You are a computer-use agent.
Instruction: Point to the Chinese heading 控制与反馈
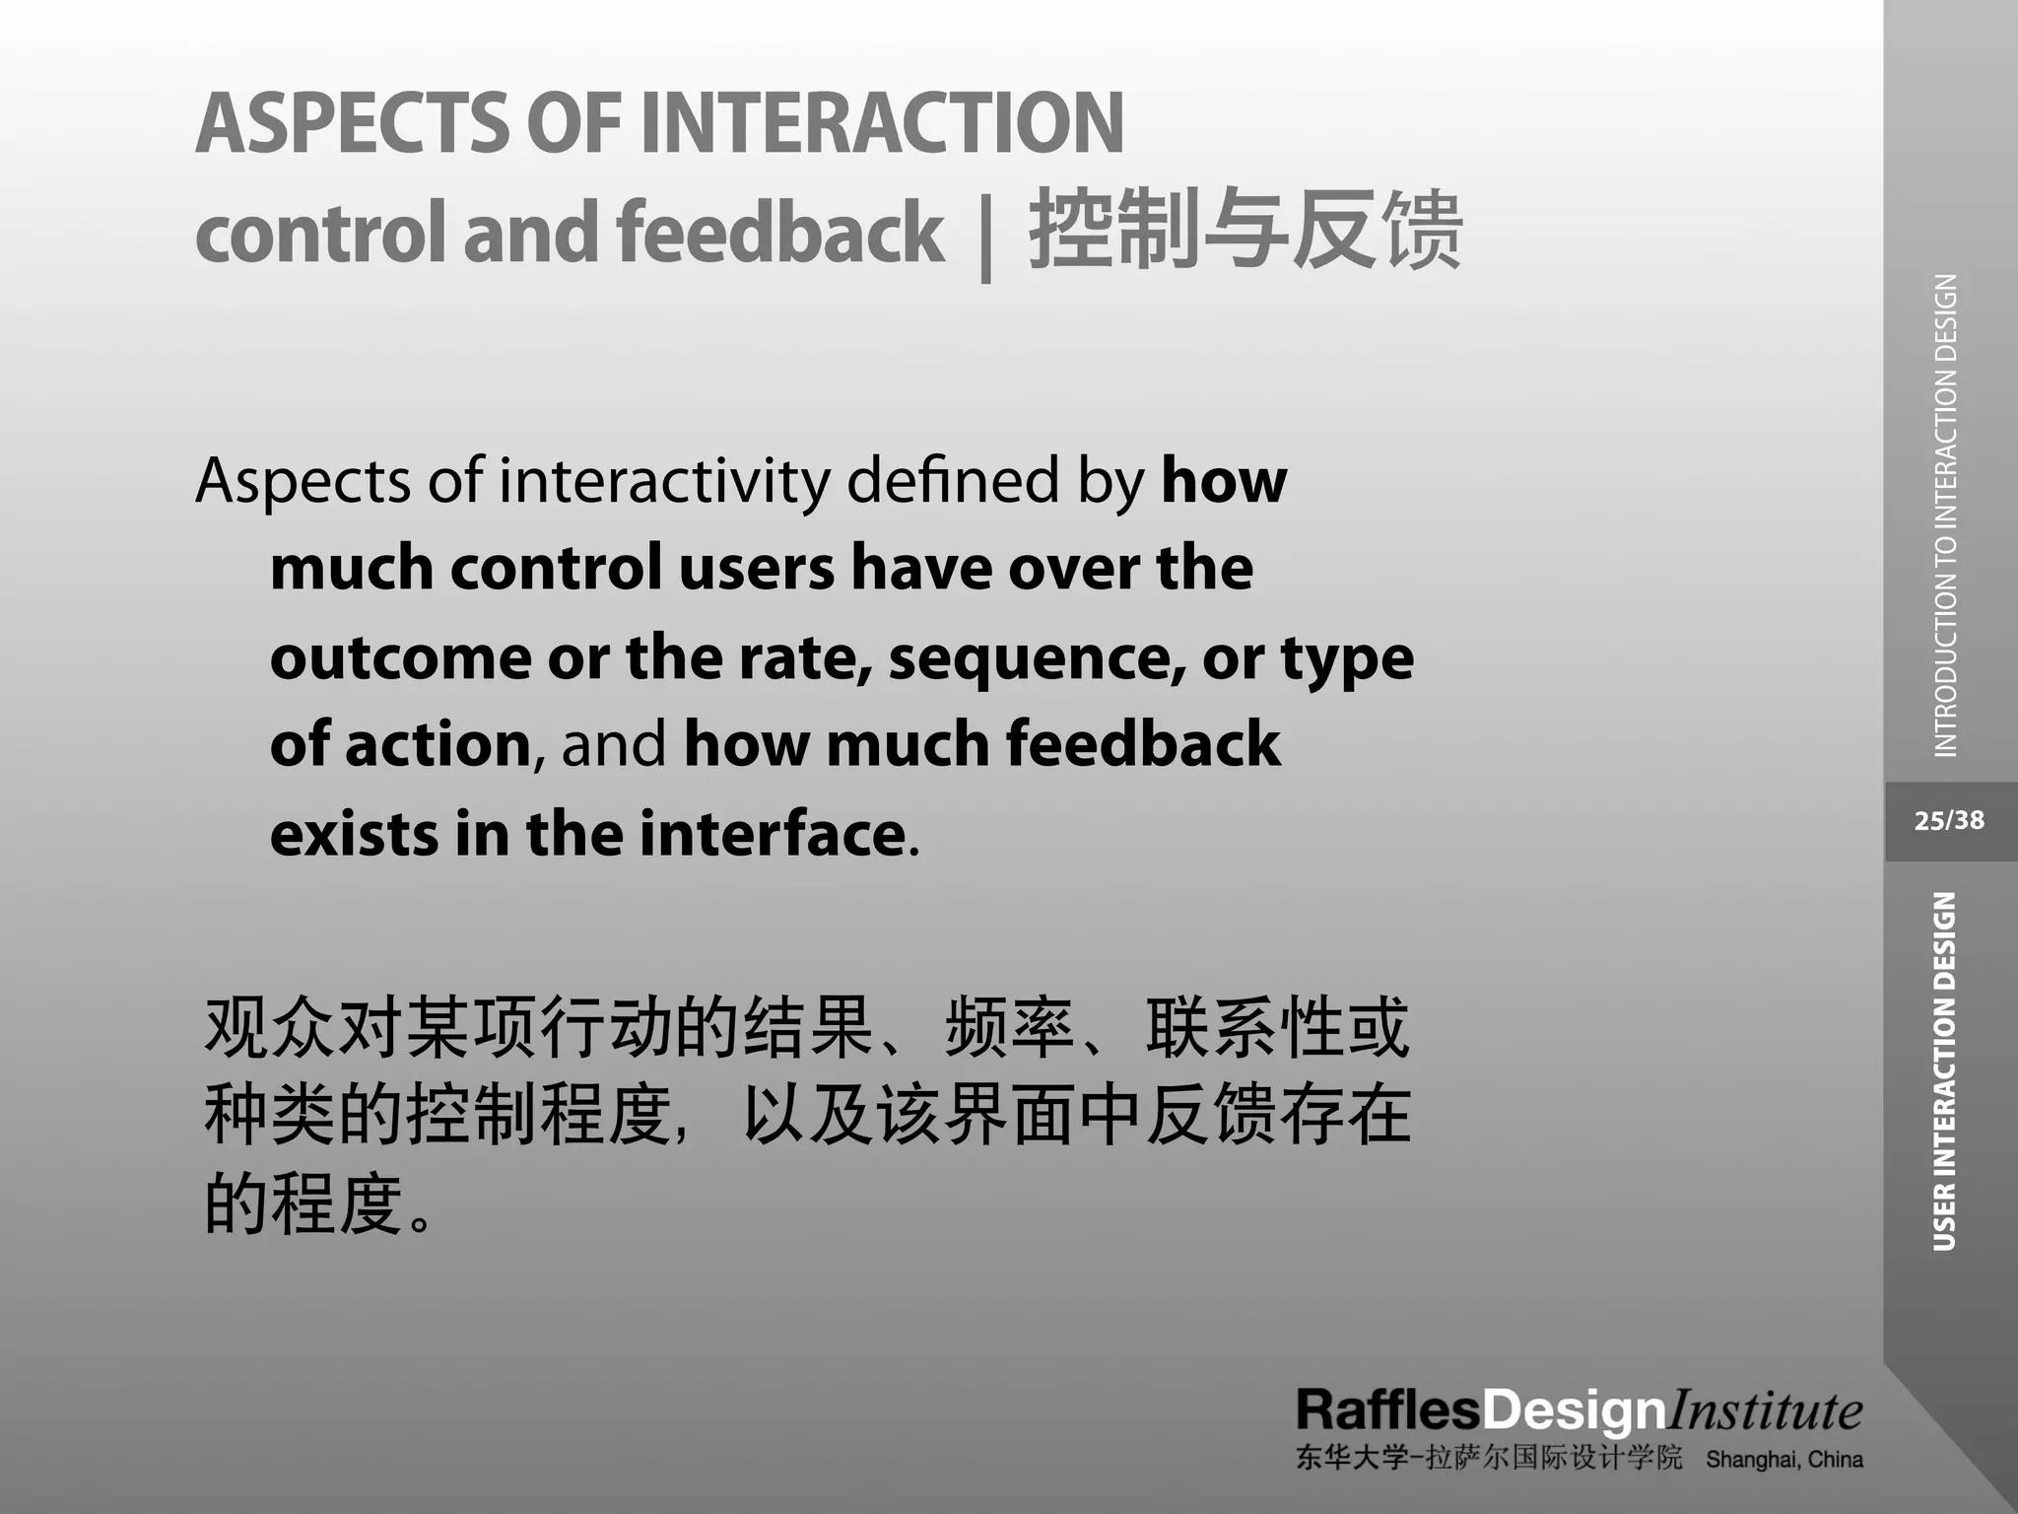point(1245,231)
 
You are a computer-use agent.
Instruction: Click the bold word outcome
point(400,657)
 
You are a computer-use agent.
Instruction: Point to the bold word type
point(1347,659)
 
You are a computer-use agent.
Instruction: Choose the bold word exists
point(354,834)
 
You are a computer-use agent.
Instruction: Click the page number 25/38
point(1949,820)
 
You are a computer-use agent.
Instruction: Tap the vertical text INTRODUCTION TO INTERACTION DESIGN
point(1946,516)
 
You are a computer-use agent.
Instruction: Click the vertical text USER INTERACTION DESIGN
point(1944,1071)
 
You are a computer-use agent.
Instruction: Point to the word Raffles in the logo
point(1387,1411)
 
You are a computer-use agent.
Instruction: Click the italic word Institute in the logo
point(1764,1411)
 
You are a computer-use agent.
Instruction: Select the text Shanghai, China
point(1784,1459)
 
